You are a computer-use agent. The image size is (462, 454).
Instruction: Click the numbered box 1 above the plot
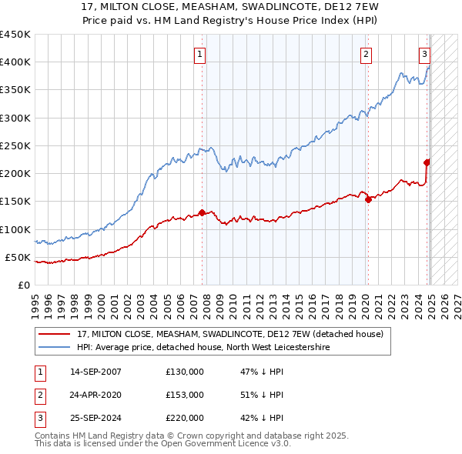(199, 54)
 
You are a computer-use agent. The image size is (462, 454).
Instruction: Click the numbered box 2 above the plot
(365, 54)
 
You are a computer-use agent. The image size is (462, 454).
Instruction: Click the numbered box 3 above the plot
(424, 54)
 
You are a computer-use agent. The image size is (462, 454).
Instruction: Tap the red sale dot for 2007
(202, 212)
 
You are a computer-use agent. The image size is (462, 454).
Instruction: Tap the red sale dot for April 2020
(368, 199)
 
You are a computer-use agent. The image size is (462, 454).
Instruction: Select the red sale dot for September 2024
(427, 162)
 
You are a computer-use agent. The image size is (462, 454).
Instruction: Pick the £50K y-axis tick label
(18, 257)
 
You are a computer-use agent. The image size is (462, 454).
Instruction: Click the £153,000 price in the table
(185, 395)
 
